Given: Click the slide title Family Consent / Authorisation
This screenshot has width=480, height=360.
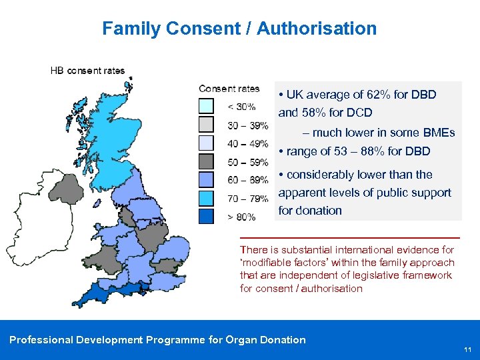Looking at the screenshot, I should pos(239,29).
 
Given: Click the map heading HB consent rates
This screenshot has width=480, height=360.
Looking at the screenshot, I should pos(87,71).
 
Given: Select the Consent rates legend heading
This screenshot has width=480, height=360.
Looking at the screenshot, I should pos(229,89).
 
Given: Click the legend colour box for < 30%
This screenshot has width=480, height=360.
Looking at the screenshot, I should pos(207,107).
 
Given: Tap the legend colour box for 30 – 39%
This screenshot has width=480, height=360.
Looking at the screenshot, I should pos(207,125).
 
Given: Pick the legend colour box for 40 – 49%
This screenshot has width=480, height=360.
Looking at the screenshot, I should pos(207,143).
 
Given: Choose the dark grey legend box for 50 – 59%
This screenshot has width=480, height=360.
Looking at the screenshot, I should pos(207,162).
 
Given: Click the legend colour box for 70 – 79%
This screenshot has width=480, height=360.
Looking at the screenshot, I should pos(207,199).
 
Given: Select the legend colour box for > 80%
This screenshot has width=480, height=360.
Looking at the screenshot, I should pos(207,216).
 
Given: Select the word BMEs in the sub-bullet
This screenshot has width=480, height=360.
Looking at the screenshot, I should pos(439,133).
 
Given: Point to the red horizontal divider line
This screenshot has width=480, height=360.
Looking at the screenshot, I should pos(349,237).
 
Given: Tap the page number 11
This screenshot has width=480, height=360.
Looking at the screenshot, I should pos(467,349).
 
